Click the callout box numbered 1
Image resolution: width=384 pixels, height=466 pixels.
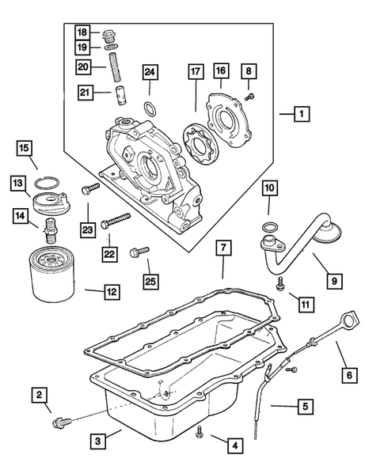(300, 115)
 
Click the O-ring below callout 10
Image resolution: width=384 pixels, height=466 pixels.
(269, 229)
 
